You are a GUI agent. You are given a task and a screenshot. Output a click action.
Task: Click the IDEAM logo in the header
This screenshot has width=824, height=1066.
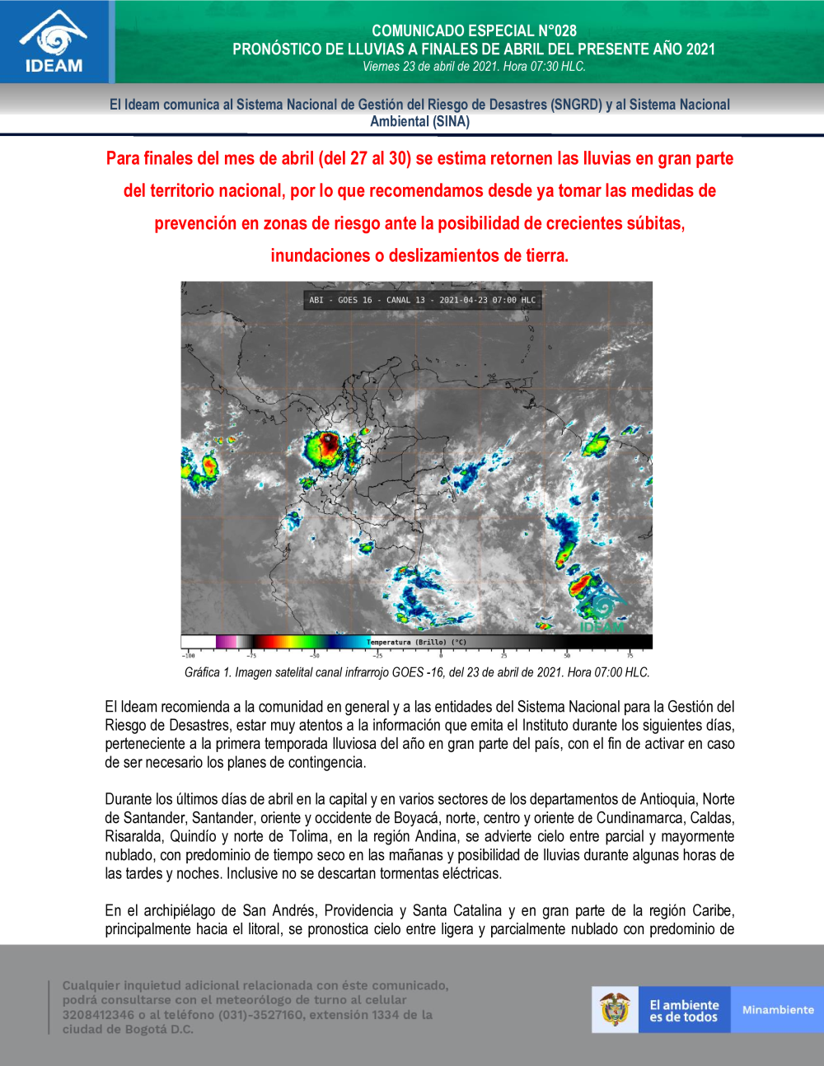tap(54, 42)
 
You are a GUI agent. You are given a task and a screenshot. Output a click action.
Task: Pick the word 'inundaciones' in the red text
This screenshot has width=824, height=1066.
tap(320, 255)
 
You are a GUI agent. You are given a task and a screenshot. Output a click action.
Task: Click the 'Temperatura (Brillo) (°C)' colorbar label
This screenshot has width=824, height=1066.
tap(416, 642)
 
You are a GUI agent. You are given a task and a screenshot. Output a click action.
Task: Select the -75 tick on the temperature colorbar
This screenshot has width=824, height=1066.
tap(250, 656)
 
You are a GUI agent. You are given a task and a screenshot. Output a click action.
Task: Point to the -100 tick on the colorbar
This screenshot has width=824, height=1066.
tap(189, 656)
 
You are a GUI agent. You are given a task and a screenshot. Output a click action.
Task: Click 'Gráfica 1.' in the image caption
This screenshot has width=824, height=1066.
tap(208, 672)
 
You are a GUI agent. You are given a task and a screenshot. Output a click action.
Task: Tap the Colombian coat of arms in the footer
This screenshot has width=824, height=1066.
tap(615, 1009)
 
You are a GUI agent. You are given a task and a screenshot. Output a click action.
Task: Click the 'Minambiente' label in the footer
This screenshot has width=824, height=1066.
tap(777, 1010)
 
